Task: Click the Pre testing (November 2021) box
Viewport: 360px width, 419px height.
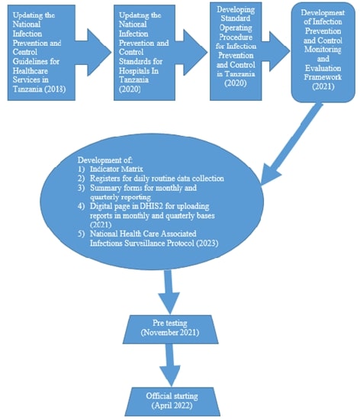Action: tap(170, 329)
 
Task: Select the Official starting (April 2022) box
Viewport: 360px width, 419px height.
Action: tap(172, 401)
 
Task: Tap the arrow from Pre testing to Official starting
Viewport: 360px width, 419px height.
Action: tap(170, 365)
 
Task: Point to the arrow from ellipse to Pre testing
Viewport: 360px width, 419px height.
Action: tap(169, 292)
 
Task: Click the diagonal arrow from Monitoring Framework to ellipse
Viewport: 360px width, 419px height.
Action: tap(291, 143)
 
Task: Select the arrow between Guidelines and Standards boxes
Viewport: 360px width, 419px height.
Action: tap(94, 53)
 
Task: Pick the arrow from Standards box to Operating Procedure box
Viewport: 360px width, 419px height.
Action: tap(191, 53)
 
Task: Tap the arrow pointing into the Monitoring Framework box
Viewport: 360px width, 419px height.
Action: tap(276, 51)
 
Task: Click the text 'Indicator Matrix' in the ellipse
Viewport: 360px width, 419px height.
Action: tap(117, 169)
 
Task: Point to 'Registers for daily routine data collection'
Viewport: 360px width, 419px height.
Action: tap(157, 179)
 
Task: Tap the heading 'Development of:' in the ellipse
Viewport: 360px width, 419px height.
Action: tap(104, 160)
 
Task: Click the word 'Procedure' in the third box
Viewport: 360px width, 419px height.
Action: tap(236, 37)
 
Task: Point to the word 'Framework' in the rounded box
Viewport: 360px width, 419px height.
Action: tap(323, 77)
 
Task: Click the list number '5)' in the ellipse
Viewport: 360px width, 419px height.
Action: tap(81, 234)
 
